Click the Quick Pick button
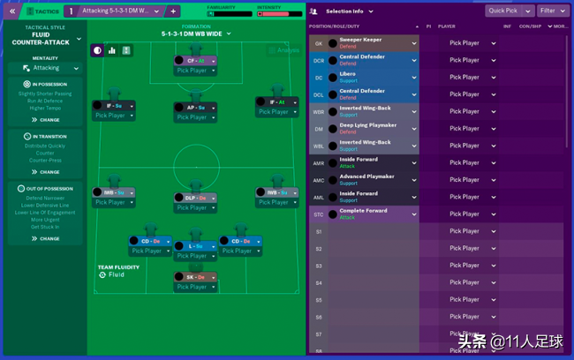(509, 11)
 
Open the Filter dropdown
(553, 11)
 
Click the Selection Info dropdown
(349, 11)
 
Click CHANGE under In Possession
(46, 120)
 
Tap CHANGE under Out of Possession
(46, 238)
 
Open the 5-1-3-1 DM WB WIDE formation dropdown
(196, 34)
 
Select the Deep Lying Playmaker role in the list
(366, 125)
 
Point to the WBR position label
(319, 112)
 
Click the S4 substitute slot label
(319, 283)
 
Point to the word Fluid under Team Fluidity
(116, 274)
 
